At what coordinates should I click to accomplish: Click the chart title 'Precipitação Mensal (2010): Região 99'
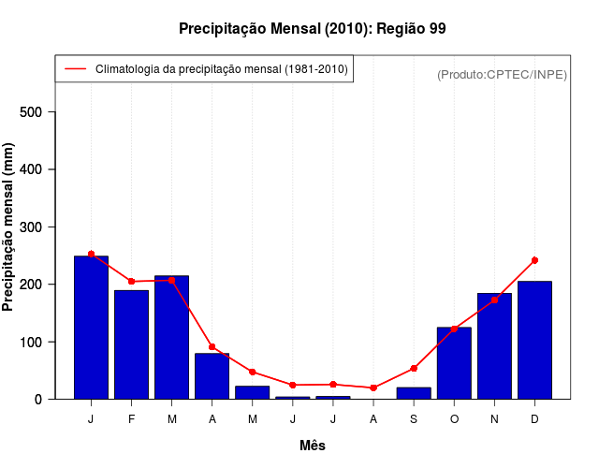click(x=312, y=29)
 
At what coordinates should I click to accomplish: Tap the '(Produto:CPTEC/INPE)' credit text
click(x=502, y=74)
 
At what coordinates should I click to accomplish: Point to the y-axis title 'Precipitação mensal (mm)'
click(x=8, y=227)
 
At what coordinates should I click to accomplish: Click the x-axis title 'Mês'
click(x=312, y=446)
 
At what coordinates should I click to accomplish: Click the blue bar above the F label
click(x=131, y=344)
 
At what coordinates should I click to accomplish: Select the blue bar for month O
click(x=454, y=363)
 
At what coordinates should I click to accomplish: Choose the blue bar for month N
click(x=494, y=346)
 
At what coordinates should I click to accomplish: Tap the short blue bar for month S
click(x=414, y=393)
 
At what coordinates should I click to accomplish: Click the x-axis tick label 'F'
click(x=131, y=419)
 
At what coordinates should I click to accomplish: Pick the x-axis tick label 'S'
click(x=414, y=419)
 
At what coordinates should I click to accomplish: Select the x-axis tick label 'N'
click(x=494, y=419)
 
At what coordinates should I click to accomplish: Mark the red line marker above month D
click(x=534, y=260)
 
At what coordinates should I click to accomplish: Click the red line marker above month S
click(x=414, y=369)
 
